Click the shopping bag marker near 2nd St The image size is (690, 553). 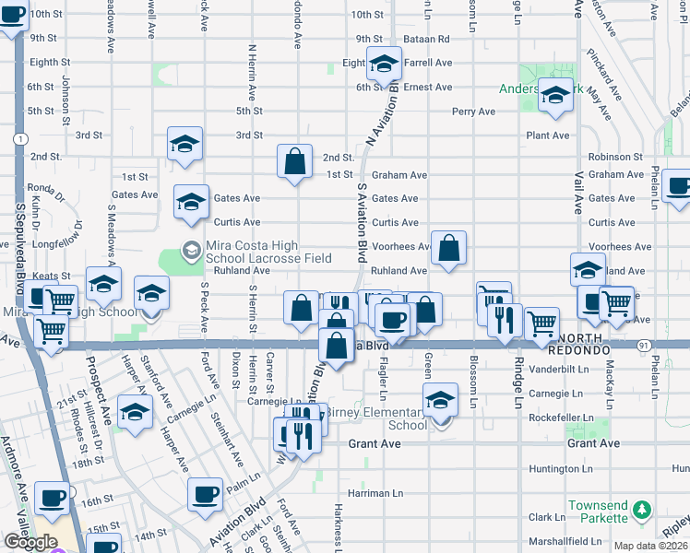point(293,162)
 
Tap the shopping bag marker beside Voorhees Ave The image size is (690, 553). point(448,248)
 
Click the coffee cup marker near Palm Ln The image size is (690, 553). point(205,494)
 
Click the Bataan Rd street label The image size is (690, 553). point(430,39)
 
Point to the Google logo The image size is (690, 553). point(30,541)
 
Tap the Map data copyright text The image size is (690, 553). point(651,546)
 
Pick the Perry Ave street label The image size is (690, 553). point(473,112)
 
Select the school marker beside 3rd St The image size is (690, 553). point(184,144)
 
